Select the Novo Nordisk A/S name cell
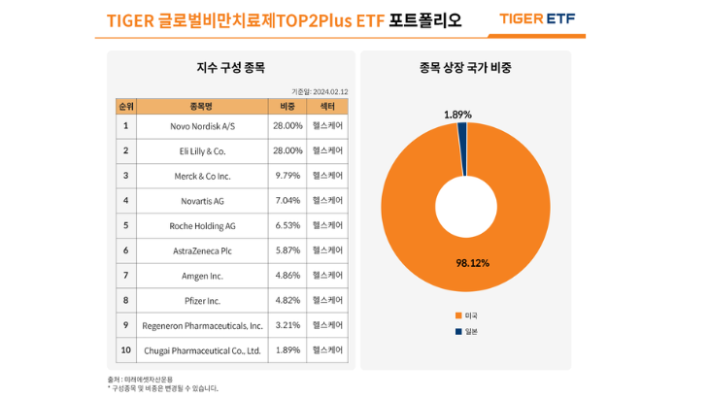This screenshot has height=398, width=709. (x=202, y=126)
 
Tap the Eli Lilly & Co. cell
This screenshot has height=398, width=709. (x=202, y=151)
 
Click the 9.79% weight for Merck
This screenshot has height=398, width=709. (x=287, y=176)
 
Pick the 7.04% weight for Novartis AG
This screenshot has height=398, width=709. (x=287, y=201)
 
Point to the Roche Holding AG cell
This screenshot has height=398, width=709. (x=202, y=225)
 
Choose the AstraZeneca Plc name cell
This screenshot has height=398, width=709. (x=202, y=250)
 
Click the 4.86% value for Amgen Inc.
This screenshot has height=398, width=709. (x=287, y=276)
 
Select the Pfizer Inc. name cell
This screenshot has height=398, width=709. (x=202, y=300)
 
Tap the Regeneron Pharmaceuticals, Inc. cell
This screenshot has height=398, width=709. (x=202, y=325)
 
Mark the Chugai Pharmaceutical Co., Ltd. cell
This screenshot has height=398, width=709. (x=202, y=349)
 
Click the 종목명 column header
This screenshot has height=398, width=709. (x=202, y=106)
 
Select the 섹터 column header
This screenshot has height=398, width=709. (x=327, y=106)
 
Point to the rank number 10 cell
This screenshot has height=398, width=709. (x=125, y=349)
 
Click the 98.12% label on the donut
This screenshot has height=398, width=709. (x=472, y=263)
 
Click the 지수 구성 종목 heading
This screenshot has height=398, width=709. (x=230, y=68)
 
